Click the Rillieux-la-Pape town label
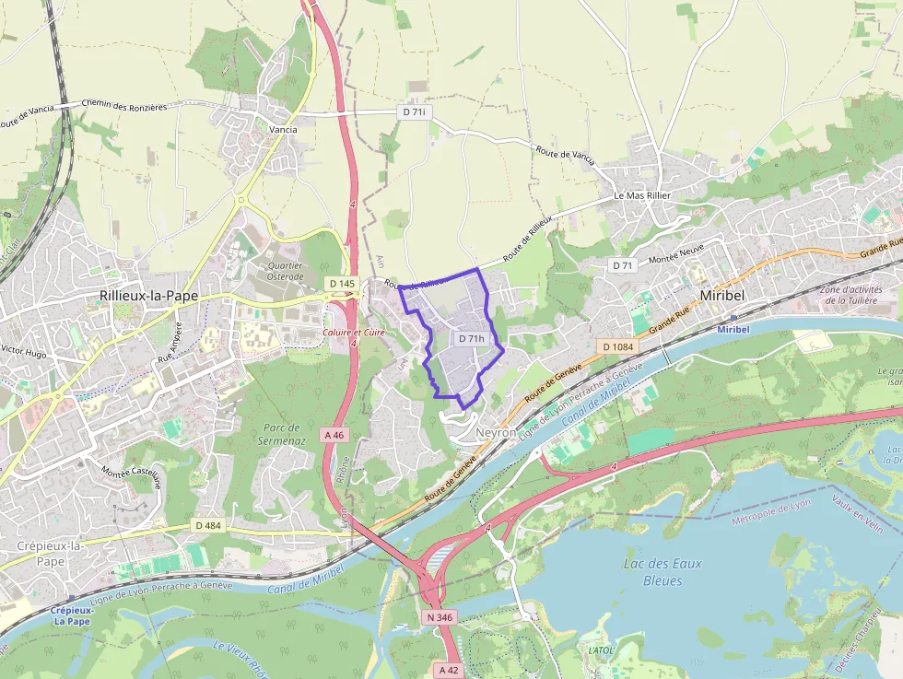tap(148, 296)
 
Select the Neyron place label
tap(497, 431)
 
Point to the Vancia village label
tap(283, 130)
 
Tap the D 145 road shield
tap(341, 284)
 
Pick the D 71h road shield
tap(471, 338)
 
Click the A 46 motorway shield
tap(334, 434)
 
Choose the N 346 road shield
tap(440, 616)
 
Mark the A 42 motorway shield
tap(449, 670)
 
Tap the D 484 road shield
tap(209, 525)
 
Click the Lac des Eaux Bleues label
tap(663, 572)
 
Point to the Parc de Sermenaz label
tap(282, 434)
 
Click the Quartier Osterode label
tap(285, 271)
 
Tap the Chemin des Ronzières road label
tap(124, 106)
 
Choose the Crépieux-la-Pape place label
tap(51, 553)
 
